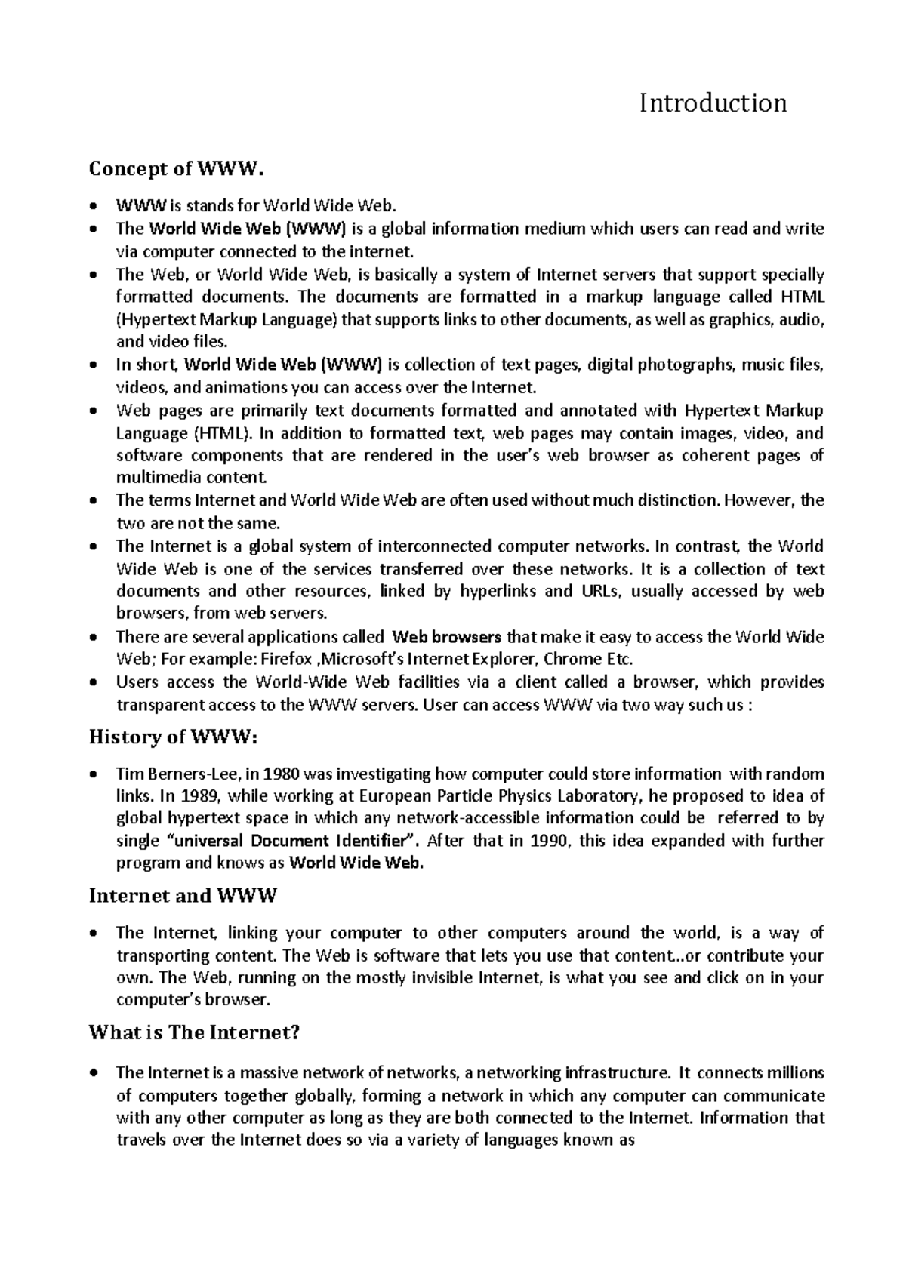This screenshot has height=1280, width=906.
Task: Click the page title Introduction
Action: coord(713,103)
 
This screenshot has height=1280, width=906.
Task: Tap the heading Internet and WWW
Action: coord(183,896)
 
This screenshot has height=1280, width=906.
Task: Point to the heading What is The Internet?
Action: coord(194,1032)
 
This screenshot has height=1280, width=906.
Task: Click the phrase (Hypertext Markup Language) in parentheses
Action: coord(226,320)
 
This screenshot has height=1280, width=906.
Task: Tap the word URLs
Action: coord(600,592)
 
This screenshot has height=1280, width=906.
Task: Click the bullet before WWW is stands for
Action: coord(93,206)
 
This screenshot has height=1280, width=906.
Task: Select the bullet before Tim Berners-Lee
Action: coord(93,774)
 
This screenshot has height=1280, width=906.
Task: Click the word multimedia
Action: coord(148,478)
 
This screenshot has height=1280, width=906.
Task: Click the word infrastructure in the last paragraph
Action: coord(611,1073)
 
